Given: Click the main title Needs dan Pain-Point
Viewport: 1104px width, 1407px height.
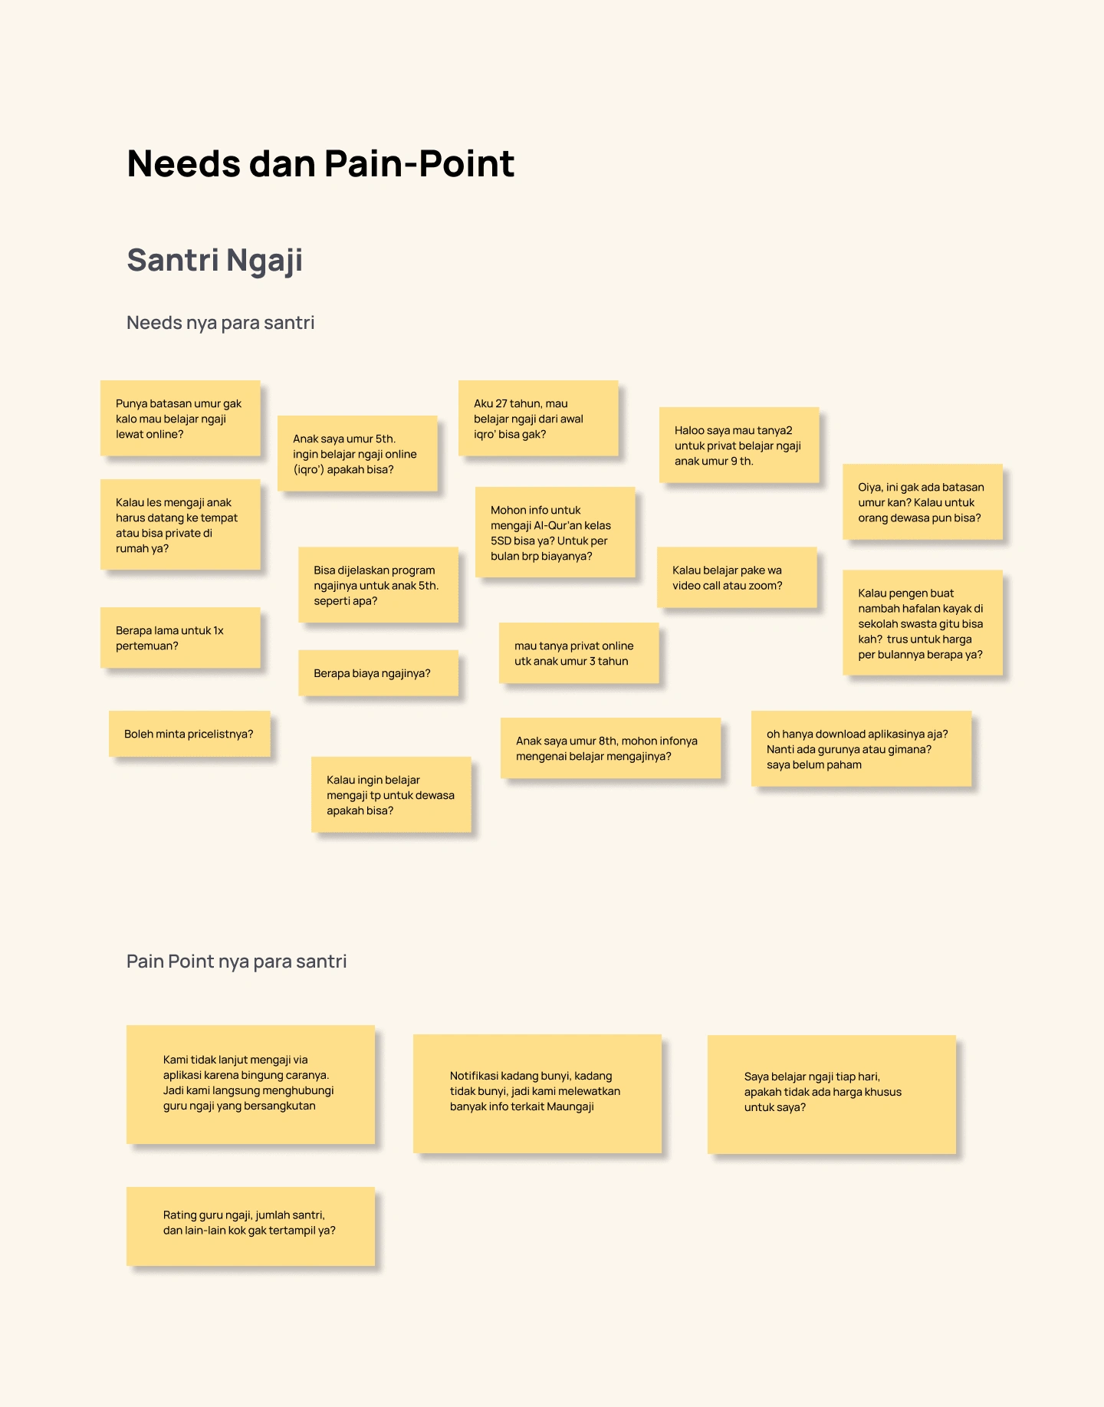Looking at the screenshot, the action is [320, 163].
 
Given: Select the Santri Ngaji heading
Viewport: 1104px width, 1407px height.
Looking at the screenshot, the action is [215, 261].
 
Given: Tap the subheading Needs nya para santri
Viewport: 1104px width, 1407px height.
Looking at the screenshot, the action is [220, 323].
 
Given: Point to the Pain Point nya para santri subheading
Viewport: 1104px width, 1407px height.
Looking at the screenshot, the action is [236, 962].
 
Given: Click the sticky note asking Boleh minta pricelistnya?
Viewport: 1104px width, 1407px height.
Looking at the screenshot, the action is [189, 734].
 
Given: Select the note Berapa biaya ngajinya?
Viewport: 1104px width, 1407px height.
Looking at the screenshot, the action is [378, 673].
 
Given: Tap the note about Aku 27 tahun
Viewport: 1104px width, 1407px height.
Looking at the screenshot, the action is [538, 418].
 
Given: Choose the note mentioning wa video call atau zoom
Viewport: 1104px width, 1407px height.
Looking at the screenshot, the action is [737, 577].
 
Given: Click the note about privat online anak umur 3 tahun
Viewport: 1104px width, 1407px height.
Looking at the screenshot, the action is [579, 653].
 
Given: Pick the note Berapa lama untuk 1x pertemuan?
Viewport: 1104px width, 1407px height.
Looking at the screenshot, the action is [180, 638].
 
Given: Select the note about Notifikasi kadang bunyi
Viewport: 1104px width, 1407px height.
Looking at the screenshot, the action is [537, 1093].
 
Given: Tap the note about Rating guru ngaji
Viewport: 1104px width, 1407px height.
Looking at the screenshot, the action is [251, 1226].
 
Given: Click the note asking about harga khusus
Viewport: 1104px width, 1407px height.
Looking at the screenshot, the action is [832, 1094].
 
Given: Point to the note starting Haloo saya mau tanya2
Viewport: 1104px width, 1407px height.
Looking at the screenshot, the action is [739, 445].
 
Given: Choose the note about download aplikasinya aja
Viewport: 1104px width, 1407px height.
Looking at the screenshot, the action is [861, 748].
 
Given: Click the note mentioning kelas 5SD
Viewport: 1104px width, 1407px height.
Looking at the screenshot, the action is [555, 532].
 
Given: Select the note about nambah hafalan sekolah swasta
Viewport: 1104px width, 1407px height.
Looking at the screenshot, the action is [922, 623].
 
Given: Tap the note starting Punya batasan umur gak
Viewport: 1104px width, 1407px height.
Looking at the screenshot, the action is [180, 418].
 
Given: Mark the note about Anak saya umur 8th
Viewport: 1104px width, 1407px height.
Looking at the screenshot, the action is [610, 748].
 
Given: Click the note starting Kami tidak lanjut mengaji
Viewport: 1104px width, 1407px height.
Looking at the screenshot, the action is [251, 1084].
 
